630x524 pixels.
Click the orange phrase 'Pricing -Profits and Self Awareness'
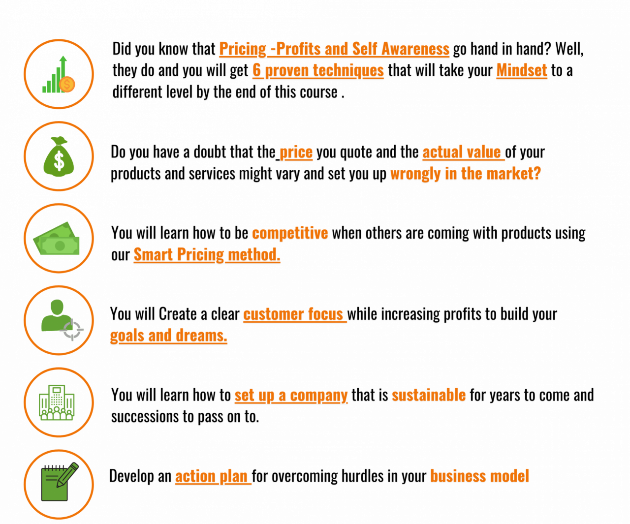pos(334,49)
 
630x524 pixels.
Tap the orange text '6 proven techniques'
pos(318,70)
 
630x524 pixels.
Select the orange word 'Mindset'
pos(521,70)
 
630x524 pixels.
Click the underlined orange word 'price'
pos(296,153)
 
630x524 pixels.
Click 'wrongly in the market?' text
pos(465,174)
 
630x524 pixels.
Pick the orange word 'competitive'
pos(290,233)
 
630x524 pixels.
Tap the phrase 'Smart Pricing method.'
pos(207,255)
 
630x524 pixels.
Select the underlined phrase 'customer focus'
pos(294,314)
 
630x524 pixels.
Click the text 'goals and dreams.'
pos(168,336)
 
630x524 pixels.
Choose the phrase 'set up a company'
pos(291,395)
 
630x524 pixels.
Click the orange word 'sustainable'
pos(428,395)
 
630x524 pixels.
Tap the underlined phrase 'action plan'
pos(213,476)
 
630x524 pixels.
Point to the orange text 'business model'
pos(479,476)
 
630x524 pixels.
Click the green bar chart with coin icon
pos(59,74)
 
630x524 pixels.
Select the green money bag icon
pos(59,156)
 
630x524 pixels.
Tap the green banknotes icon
pos(58,239)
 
